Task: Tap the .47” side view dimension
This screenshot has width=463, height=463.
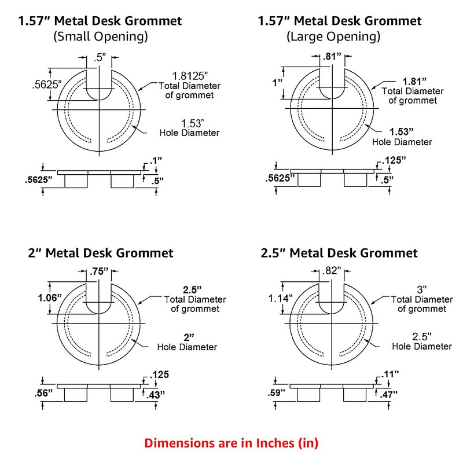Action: [x=384, y=395]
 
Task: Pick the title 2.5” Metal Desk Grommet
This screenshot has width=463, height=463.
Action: [x=338, y=253]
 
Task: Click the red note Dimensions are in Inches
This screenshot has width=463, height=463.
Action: [x=231, y=444]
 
